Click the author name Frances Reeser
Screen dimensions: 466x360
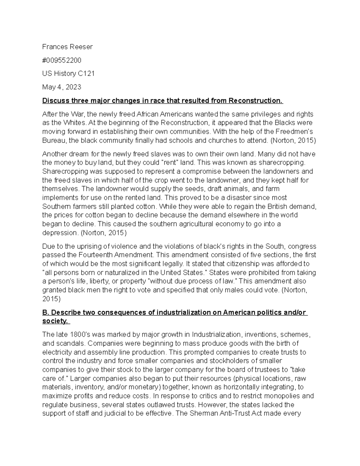(x=67, y=47)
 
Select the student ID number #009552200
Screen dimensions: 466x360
(x=61, y=60)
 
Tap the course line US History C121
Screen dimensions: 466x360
(x=68, y=74)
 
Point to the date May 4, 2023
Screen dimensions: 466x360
(x=61, y=87)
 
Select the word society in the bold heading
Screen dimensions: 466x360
(x=54, y=321)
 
